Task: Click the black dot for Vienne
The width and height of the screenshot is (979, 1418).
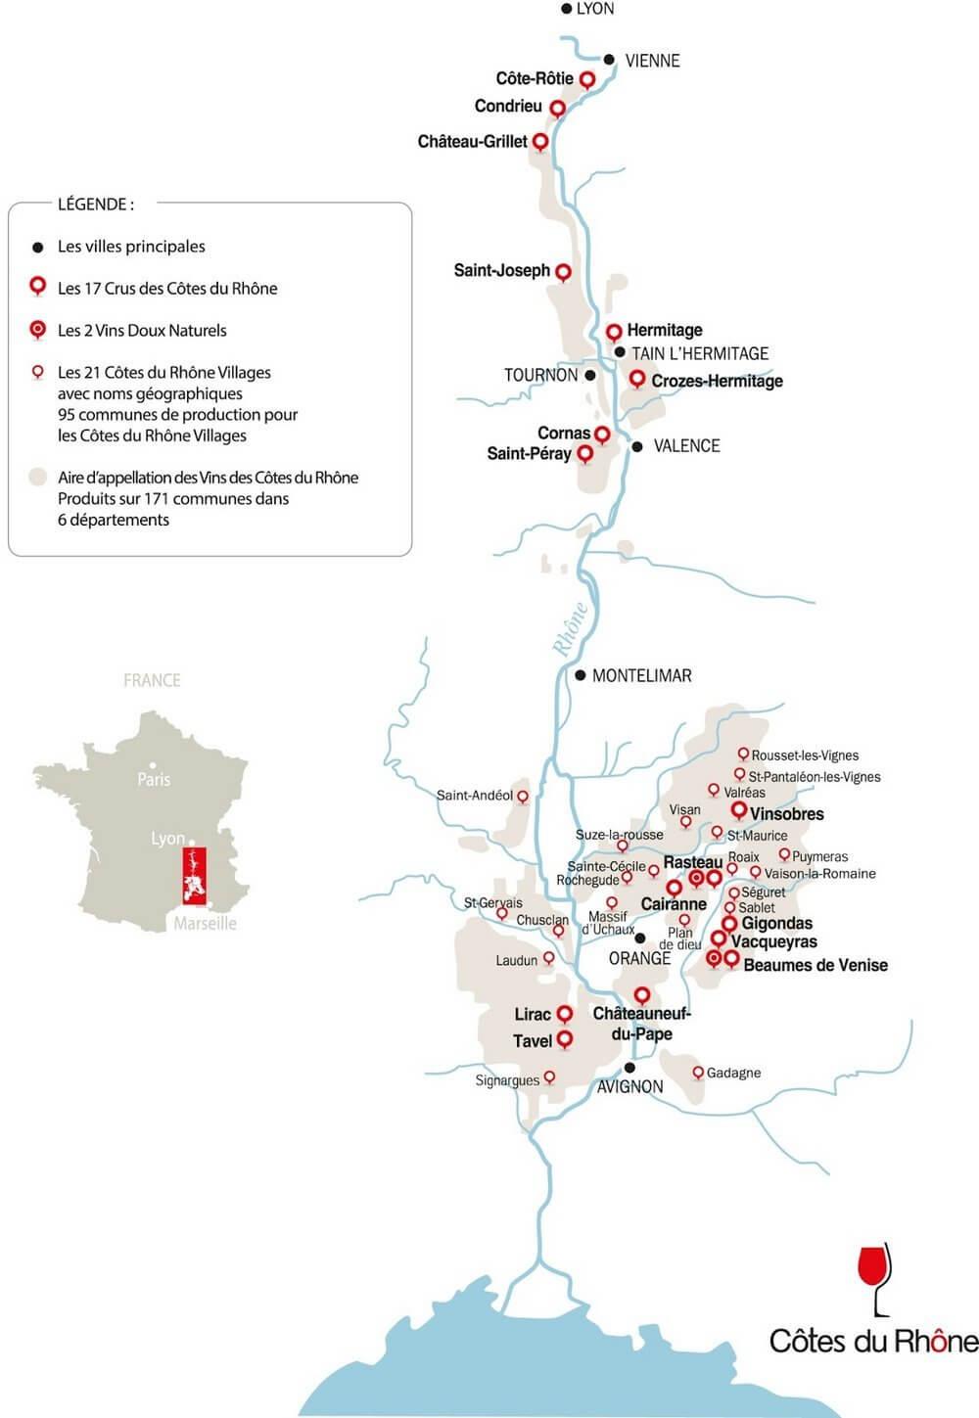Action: pyautogui.click(x=609, y=60)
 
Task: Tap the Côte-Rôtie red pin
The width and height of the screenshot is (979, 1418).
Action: pyautogui.click(x=587, y=79)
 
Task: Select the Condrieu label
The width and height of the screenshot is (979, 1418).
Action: pyautogui.click(x=508, y=106)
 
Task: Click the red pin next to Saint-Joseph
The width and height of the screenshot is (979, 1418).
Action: pyautogui.click(x=563, y=271)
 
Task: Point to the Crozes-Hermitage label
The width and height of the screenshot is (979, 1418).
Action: pyautogui.click(x=717, y=381)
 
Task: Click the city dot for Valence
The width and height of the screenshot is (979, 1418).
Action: pyautogui.click(x=637, y=446)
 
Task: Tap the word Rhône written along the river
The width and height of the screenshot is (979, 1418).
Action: pyautogui.click(x=570, y=627)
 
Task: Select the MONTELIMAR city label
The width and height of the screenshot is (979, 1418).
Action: pyautogui.click(x=641, y=675)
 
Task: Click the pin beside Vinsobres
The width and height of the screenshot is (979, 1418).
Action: pyautogui.click(x=739, y=810)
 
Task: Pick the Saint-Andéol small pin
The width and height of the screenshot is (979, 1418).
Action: pyautogui.click(x=523, y=797)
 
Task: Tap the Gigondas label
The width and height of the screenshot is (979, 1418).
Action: pyautogui.click(x=776, y=923)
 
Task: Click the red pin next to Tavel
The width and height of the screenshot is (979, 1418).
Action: pyautogui.click(x=565, y=1038)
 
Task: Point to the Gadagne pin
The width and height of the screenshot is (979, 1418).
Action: pyautogui.click(x=698, y=1073)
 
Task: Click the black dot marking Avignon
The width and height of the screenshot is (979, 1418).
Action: pyautogui.click(x=630, y=1067)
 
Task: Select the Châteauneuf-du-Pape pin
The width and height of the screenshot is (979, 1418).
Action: pyautogui.click(x=641, y=995)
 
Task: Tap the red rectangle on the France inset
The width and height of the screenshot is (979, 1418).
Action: pyautogui.click(x=194, y=876)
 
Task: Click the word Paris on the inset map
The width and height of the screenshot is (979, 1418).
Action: pyautogui.click(x=154, y=779)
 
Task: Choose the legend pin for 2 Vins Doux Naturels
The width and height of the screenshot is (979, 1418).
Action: pyautogui.click(x=38, y=330)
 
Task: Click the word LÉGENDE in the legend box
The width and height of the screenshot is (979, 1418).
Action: pyautogui.click(x=95, y=205)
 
